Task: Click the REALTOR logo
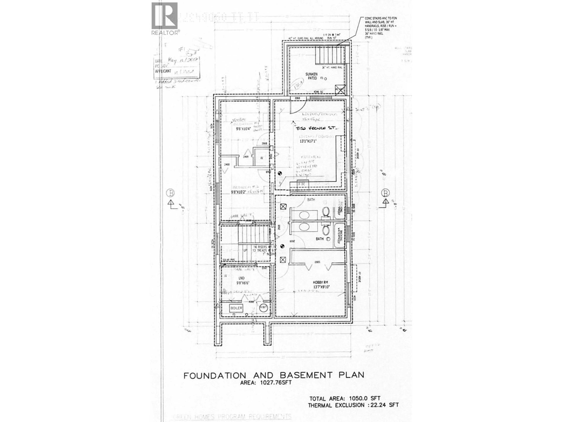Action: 165,18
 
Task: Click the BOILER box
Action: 236,308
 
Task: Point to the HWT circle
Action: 263,307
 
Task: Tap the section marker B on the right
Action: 386,193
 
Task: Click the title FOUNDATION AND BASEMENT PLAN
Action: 274,375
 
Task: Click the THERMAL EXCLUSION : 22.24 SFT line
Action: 353,405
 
